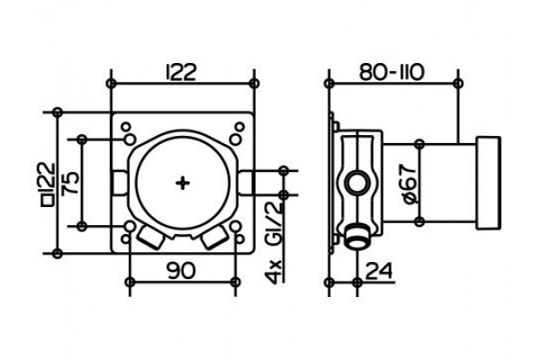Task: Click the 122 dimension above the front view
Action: pos(181,72)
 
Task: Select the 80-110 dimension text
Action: pos(391,72)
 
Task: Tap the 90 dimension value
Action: pos(181,270)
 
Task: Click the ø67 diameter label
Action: pos(409,184)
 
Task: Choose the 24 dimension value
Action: pos(379,270)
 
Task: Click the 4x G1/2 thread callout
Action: pos(274,243)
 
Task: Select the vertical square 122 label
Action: pos(49,184)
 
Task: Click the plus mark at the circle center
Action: pos(183,183)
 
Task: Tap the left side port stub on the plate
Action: pos(120,184)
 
